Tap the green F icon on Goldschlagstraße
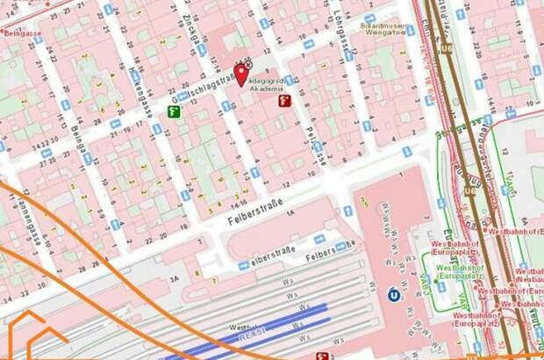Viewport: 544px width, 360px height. pyautogui.click(x=175, y=112)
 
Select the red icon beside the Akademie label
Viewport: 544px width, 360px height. pyautogui.click(x=284, y=101)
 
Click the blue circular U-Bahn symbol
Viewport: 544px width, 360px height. pyautogui.click(x=391, y=294)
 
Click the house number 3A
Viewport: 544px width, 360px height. pyautogui.click(x=175, y=277)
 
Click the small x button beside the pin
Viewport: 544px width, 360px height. pyautogui.click(x=248, y=65)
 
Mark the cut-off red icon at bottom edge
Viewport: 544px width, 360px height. pyautogui.click(x=323, y=356)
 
